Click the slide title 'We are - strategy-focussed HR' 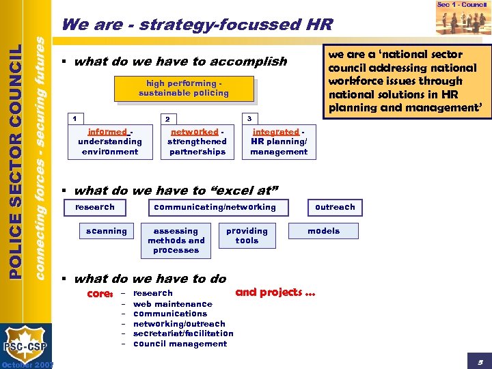[197, 25]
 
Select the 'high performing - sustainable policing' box [184, 88]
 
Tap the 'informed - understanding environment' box [110, 141]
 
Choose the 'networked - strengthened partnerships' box [197, 141]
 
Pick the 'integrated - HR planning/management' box [279, 141]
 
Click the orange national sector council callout [406, 81]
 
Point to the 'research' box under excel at [95, 207]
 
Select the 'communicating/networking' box [215, 207]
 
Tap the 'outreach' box [335, 207]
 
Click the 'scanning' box [107, 231]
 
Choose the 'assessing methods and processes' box [176, 241]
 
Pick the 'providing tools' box [247, 236]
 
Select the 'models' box [323, 231]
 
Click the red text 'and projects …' [275, 292]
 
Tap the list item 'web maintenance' [173, 304]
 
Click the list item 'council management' [180, 344]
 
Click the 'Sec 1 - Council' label [461, 5]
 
